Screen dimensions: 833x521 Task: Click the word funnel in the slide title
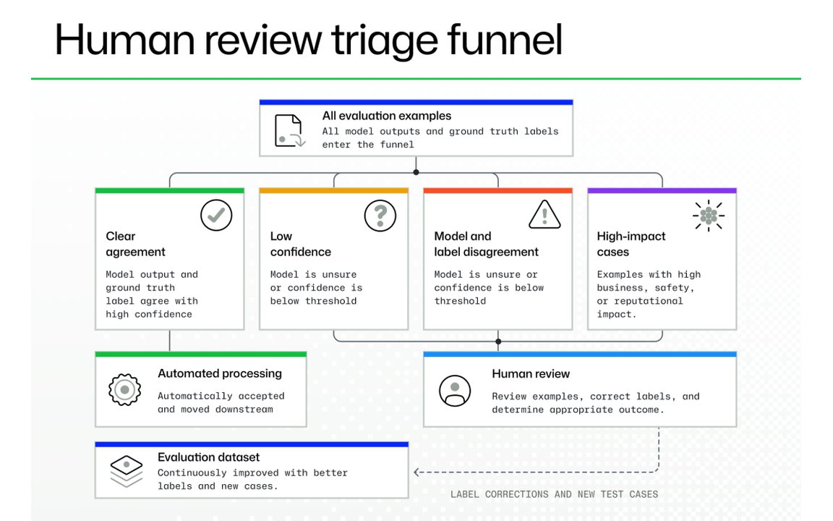(504, 39)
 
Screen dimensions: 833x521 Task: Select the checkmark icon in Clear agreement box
(216, 216)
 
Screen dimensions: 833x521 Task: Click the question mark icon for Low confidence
(380, 216)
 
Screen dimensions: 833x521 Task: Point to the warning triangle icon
(544, 215)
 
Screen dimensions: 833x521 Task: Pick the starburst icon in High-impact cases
(709, 216)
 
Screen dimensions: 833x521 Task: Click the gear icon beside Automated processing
(125, 390)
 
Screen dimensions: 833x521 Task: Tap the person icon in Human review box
(455, 391)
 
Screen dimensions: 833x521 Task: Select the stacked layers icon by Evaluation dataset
(127, 471)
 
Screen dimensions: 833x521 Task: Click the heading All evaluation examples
(387, 116)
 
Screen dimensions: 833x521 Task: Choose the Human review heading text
(531, 373)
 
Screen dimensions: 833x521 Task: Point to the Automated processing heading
(220, 373)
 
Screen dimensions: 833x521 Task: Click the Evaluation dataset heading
(209, 457)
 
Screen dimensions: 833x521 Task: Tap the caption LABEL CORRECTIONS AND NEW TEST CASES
(554, 494)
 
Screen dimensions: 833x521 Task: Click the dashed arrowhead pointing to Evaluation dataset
(417, 472)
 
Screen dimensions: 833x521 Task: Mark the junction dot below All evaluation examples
(416, 172)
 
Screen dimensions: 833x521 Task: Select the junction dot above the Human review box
(498, 342)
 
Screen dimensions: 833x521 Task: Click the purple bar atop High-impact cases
(662, 190)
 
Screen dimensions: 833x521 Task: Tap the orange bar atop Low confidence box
(333, 190)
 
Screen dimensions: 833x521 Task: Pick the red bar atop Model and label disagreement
(497, 190)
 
